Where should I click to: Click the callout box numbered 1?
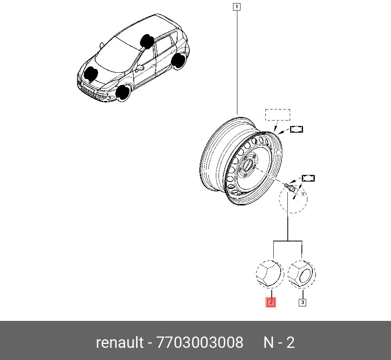236,6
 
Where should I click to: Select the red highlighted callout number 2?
271,302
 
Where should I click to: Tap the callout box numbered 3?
302,302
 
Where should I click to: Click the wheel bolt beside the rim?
290,186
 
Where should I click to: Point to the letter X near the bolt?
303,193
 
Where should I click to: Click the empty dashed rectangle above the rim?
278,115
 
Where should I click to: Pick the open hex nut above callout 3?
301,274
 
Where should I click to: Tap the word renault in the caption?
120,343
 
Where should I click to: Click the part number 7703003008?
200,343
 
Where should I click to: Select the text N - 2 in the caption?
279,343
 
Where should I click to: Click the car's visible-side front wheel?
124,93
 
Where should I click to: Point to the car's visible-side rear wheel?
179,61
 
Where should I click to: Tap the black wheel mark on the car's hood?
91,74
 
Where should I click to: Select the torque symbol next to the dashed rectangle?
297,129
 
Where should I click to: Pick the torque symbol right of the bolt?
308,178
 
